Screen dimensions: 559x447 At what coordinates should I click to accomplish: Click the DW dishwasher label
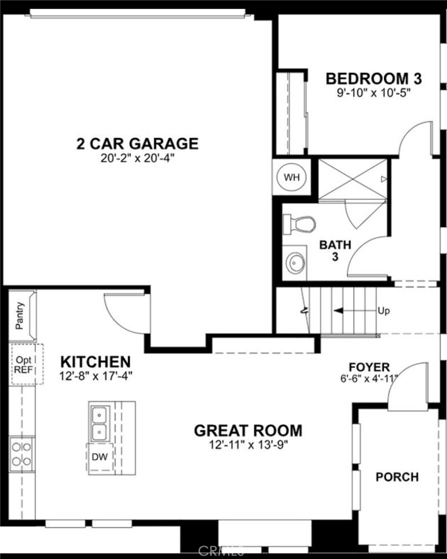click(x=99, y=456)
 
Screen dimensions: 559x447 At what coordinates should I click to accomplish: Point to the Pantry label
click(x=20, y=316)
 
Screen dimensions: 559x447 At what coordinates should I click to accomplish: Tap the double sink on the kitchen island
click(x=99, y=424)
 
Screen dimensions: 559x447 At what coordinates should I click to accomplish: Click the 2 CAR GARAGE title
click(x=137, y=144)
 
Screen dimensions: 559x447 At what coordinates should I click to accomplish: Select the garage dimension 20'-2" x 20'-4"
click(x=137, y=159)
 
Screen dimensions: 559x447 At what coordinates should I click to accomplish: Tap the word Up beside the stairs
click(x=384, y=310)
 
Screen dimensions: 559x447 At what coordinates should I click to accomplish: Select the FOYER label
click(x=369, y=367)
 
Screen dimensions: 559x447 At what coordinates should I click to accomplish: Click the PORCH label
click(x=397, y=477)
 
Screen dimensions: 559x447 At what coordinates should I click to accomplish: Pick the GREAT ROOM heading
click(x=248, y=431)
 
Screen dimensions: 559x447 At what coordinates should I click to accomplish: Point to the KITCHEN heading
click(x=95, y=362)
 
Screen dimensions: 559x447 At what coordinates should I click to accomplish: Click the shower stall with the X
click(x=353, y=179)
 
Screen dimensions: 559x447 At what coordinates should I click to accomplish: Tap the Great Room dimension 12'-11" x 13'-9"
click(x=248, y=445)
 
